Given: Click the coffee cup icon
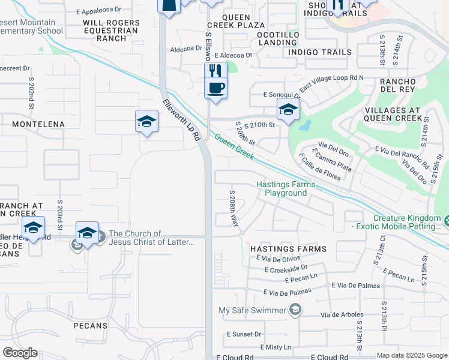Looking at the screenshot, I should [x=215, y=88].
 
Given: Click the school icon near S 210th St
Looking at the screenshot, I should [x=288, y=110].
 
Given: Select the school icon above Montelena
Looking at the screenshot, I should [x=146, y=122].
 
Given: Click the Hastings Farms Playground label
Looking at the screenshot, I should [x=285, y=188].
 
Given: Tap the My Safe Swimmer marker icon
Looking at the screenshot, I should [x=295, y=310].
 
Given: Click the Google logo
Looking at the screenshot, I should [x=20, y=352].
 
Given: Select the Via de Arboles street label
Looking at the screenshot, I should [x=342, y=314].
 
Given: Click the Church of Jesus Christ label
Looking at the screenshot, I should [x=151, y=238].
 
